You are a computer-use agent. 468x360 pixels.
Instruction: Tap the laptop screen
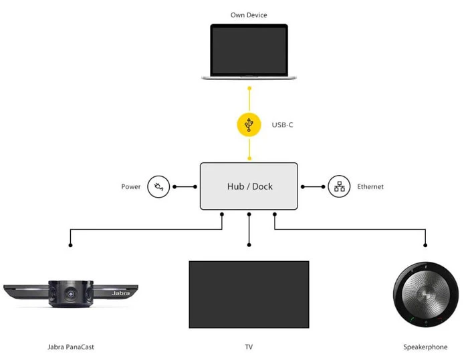[249, 51]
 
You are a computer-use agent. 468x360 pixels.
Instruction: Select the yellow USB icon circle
[249, 124]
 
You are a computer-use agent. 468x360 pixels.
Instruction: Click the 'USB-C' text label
[282, 125]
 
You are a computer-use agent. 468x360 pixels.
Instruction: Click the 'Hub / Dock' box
[249, 186]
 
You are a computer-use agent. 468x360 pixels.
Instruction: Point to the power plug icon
[158, 186]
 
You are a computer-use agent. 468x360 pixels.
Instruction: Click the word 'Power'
[131, 187]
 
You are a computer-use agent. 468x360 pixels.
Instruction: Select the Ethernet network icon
[339, 186]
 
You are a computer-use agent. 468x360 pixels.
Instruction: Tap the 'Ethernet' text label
[370, 187]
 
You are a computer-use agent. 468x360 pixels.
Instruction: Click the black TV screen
[249, 294]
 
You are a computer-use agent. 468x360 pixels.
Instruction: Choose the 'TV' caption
[249, 347]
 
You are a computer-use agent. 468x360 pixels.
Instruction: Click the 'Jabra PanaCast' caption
[70, 347]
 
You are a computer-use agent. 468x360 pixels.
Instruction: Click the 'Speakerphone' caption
[425, 347]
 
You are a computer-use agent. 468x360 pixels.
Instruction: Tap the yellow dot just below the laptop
[249, 87]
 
